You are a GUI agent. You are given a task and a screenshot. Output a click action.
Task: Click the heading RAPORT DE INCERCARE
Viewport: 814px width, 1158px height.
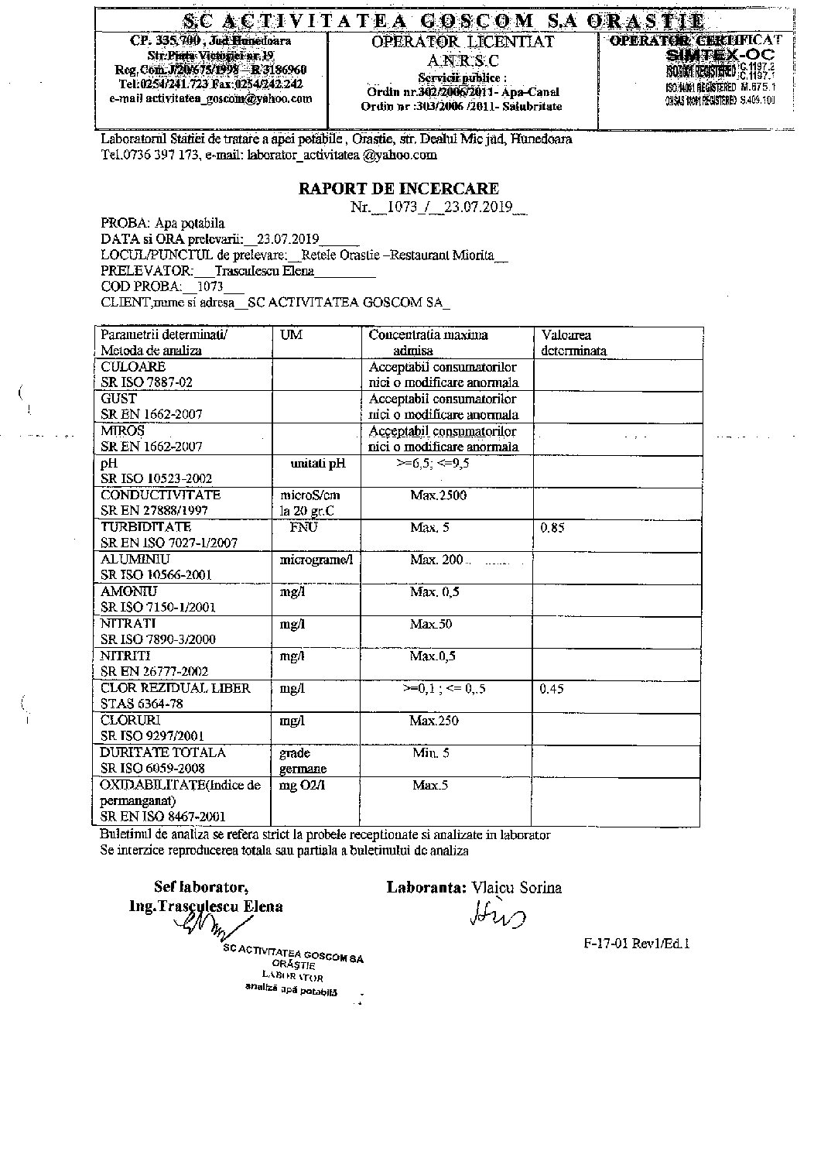(x=398, y=188)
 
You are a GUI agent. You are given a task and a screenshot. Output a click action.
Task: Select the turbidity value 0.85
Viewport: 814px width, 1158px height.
(x=552, y=528)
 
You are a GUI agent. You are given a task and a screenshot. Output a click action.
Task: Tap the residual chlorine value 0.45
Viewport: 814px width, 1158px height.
(x=552, y=688)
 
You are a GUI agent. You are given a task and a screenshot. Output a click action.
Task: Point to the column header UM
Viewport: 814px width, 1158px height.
(x=291, y=335)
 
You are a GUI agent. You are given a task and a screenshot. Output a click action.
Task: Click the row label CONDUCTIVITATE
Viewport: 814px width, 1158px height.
(x=160, y=495)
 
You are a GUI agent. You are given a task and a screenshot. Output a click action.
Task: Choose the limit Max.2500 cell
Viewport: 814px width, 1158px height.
(x=438, y=495)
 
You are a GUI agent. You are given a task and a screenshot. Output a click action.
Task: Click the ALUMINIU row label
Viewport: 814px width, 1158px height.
(x=135, y=559)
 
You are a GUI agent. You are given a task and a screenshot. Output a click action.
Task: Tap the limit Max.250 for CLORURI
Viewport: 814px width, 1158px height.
(x=433, y=721)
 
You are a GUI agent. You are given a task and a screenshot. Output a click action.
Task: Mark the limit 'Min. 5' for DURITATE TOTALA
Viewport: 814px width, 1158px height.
(x=430, y=752)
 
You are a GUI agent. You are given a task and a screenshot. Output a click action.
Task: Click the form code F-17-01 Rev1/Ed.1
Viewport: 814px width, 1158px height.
(x=636, y=944)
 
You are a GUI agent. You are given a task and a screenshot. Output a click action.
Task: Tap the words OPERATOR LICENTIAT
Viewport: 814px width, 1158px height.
(x=463, y=42)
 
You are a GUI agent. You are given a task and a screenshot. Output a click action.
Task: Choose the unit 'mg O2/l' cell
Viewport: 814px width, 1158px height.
(x=303, y=785)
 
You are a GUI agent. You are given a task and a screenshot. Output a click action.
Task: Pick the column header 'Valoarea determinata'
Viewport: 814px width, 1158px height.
(x=573, y=342)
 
